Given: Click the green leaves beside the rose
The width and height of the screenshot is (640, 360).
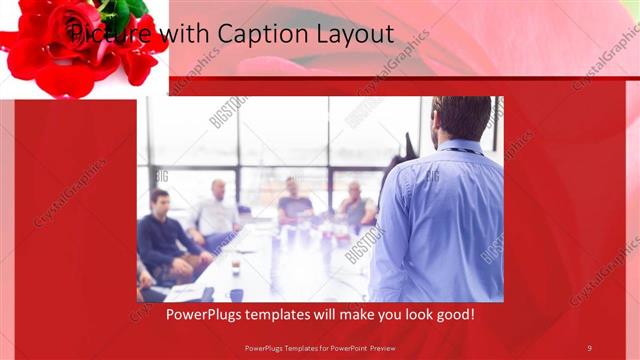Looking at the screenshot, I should click(x=130, y=10).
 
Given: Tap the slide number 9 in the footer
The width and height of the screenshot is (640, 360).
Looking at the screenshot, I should click(x=589, y=347).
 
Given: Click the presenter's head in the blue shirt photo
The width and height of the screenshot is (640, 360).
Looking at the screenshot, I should click(x=462, y=118).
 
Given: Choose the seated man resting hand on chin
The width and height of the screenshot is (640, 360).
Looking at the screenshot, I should click(x=356, y=205).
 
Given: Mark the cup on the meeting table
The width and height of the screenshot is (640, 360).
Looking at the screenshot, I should click(x=236, y=268).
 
